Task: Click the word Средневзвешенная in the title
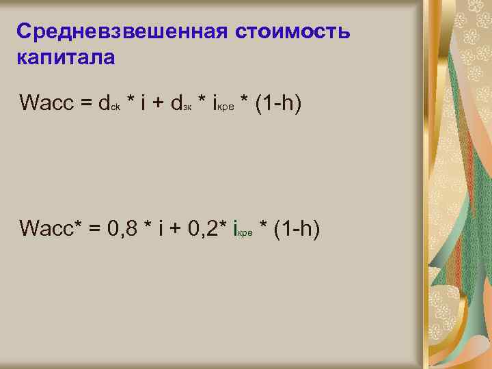pos(122,31)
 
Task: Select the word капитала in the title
pos(65,57)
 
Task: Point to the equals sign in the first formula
pos(86,104)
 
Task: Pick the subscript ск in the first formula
pos(116,108)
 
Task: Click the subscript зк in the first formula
pos(187,108)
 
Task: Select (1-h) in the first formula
pos(277,103)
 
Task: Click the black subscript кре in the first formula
pos(228,108)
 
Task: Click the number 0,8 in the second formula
pos(125,228)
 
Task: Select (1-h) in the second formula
pos(298,228)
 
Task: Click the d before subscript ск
pos(105,103)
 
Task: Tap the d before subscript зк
pos(176,103)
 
